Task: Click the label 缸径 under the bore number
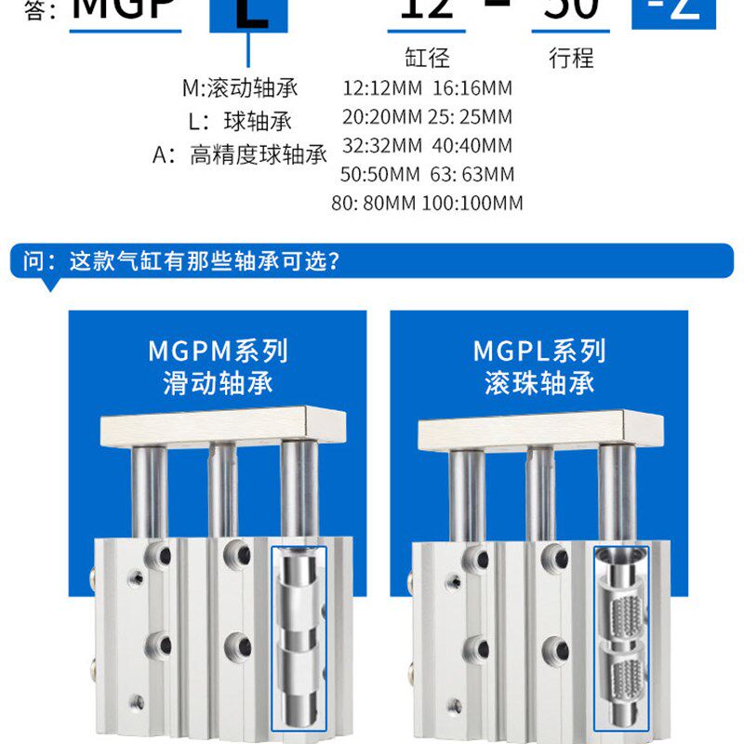(427, 59)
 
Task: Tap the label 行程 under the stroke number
(571, 59)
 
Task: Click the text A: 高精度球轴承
(240, 154)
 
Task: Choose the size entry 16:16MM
(472, 90)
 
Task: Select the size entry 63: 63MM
(472, 174)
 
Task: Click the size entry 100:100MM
(472, 203)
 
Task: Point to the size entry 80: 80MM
(373, 203)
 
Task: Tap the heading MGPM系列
(218, 352)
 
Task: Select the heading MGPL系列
(539, 352)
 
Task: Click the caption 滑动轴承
(218, 382)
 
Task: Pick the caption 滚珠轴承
(539, 382)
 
